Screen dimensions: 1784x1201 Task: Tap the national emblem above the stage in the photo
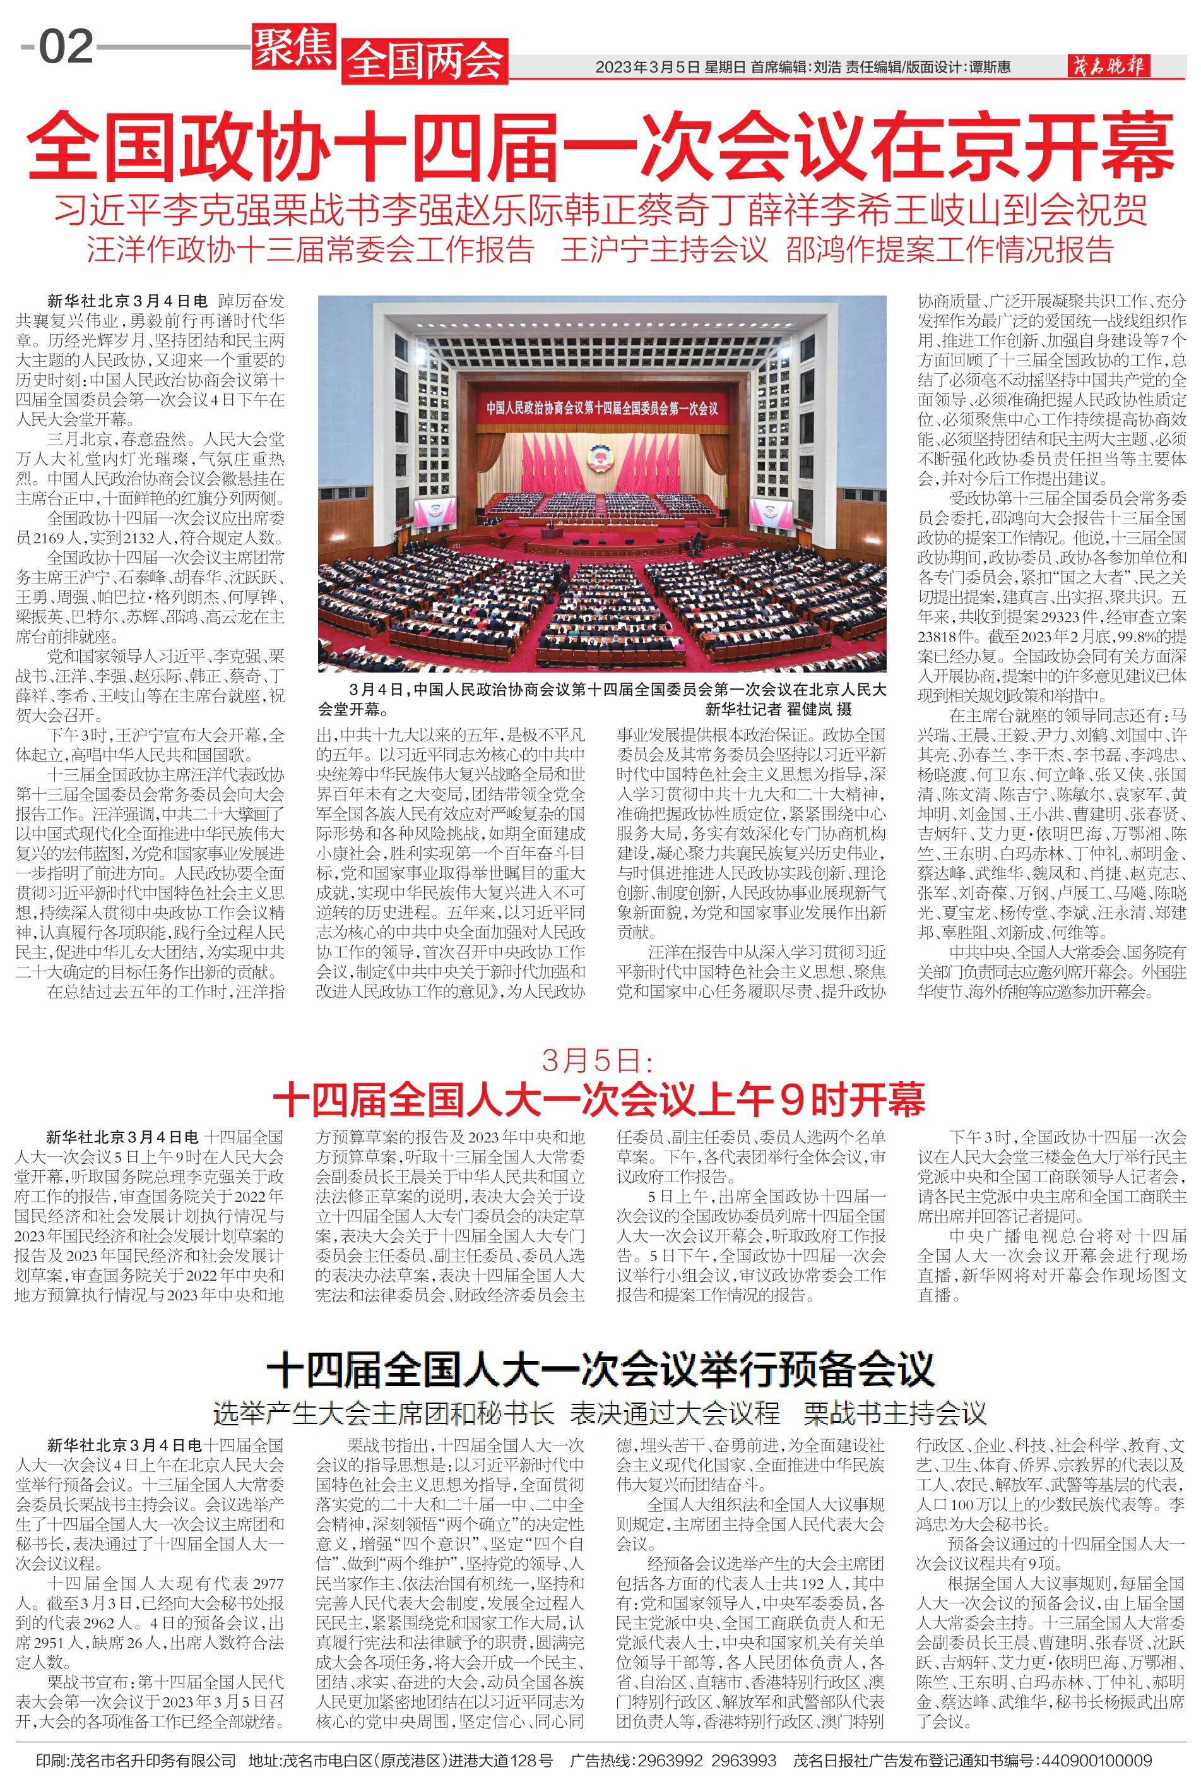(x=596, y=457)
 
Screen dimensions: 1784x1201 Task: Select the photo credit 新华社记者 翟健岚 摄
(x=778, y=709)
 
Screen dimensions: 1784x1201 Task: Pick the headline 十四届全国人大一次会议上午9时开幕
(x=599, y=1099)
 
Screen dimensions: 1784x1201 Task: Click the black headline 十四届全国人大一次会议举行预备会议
(x=601, y=1370)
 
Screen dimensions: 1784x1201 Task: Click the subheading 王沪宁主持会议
(x=663, y=251)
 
